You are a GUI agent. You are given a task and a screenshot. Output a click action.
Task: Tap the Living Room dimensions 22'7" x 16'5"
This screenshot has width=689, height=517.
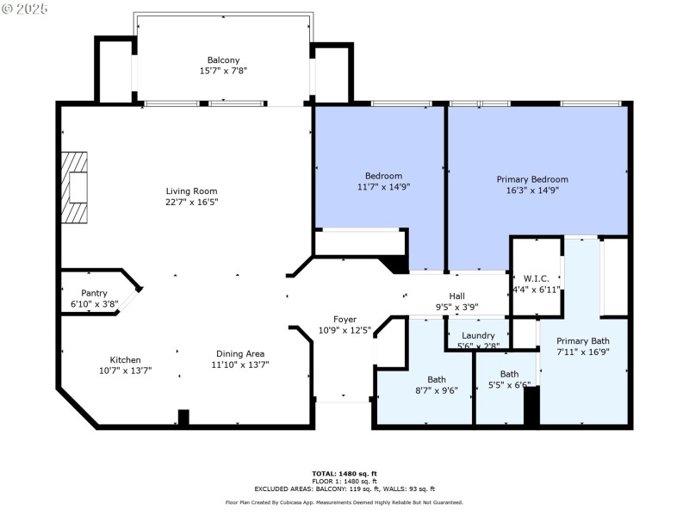(192, 202)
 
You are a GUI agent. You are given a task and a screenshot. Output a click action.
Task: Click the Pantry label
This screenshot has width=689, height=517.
(94, 293)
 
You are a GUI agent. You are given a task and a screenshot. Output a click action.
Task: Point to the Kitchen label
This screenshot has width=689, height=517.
(125, 360)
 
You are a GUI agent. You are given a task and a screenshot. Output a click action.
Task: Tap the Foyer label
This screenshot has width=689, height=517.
(344, 320)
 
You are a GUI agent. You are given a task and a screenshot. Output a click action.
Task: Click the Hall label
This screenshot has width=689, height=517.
(456, 296)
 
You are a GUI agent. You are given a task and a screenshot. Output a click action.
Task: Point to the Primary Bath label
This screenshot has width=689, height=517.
(582, 340)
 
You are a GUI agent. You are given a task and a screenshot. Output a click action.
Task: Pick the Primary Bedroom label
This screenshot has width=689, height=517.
(531, 179)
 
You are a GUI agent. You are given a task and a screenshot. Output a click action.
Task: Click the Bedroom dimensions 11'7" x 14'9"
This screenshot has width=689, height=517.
(380, 187)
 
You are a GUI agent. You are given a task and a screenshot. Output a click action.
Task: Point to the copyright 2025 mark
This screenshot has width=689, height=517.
(25, 9)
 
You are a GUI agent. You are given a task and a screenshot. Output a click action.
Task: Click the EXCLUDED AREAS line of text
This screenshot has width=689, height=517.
(344, 488)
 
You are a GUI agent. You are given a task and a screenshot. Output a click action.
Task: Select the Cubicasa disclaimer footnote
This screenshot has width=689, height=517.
(344, 502)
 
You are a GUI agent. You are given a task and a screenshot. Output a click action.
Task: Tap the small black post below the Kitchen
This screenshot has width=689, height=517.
(183, 417)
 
